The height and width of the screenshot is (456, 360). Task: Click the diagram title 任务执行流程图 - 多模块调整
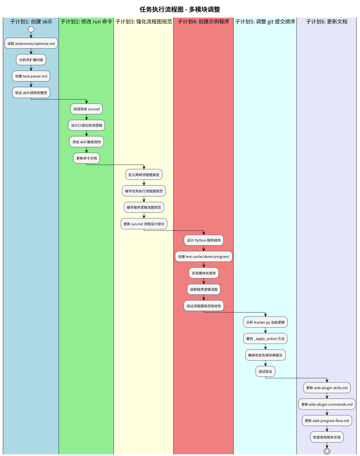pos(180,9)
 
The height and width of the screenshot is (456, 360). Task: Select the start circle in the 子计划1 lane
pos(31,29)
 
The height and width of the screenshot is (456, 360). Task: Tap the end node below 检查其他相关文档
pos(327,451)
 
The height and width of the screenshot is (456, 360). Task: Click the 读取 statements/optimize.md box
pos(31,43)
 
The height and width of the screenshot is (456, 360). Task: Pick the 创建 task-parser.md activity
pos(31,76)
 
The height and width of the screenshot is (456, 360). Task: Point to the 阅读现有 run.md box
pos(86,109)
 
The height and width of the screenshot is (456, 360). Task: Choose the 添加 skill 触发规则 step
pos(86,142)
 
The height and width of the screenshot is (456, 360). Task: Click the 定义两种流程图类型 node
pos(144,175)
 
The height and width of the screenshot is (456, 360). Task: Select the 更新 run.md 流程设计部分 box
pos(144,224)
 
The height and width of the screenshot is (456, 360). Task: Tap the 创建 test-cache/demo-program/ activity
pos(204,256)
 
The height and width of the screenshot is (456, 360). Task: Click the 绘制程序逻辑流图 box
pos(204,289)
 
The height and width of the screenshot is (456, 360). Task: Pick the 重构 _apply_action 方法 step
pos(265,338)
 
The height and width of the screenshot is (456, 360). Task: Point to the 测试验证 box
pos(265,371)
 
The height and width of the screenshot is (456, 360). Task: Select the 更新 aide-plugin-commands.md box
pos(327,404)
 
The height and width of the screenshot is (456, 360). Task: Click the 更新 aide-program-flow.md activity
pos(327,421)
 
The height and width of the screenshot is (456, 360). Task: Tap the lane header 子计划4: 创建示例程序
pos(203,22)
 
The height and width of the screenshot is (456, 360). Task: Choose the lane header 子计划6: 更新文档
pos(327,22)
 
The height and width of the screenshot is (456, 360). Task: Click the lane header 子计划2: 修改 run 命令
pos(86,22)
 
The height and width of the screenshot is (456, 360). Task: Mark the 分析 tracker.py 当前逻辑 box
pos(265,322)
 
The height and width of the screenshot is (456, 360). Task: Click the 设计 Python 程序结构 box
pos(204,240)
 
